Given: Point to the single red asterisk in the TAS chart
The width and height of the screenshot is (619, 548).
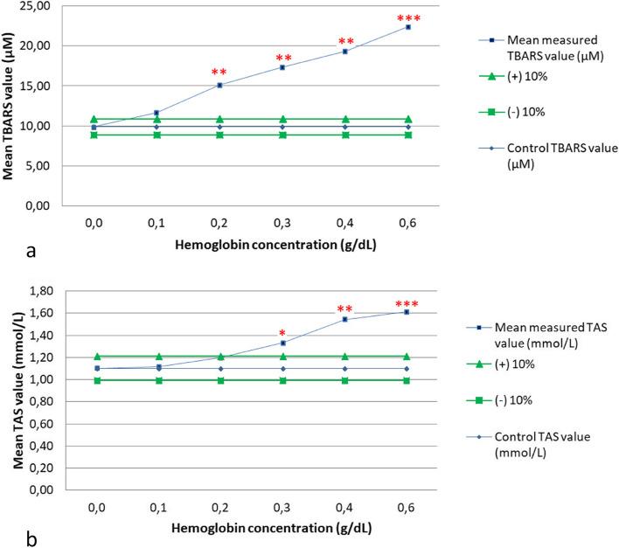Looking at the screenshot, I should point(282,333).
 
